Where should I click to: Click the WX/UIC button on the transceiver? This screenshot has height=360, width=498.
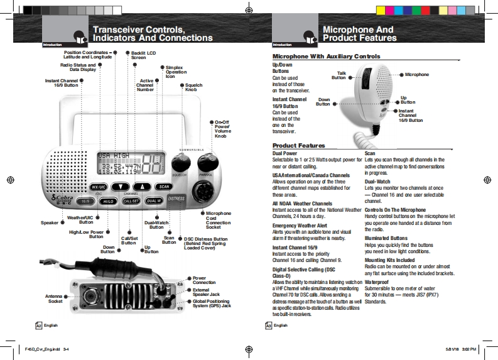98,187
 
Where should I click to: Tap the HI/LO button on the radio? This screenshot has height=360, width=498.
108,201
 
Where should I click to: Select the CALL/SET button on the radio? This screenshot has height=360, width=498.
131,201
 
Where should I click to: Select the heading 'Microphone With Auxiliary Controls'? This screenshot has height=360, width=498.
326,57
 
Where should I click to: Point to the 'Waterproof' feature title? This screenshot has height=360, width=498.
379,283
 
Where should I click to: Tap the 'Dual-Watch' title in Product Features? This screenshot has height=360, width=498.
377,181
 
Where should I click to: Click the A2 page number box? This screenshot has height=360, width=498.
39,325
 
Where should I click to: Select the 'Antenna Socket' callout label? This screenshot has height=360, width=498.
55,298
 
